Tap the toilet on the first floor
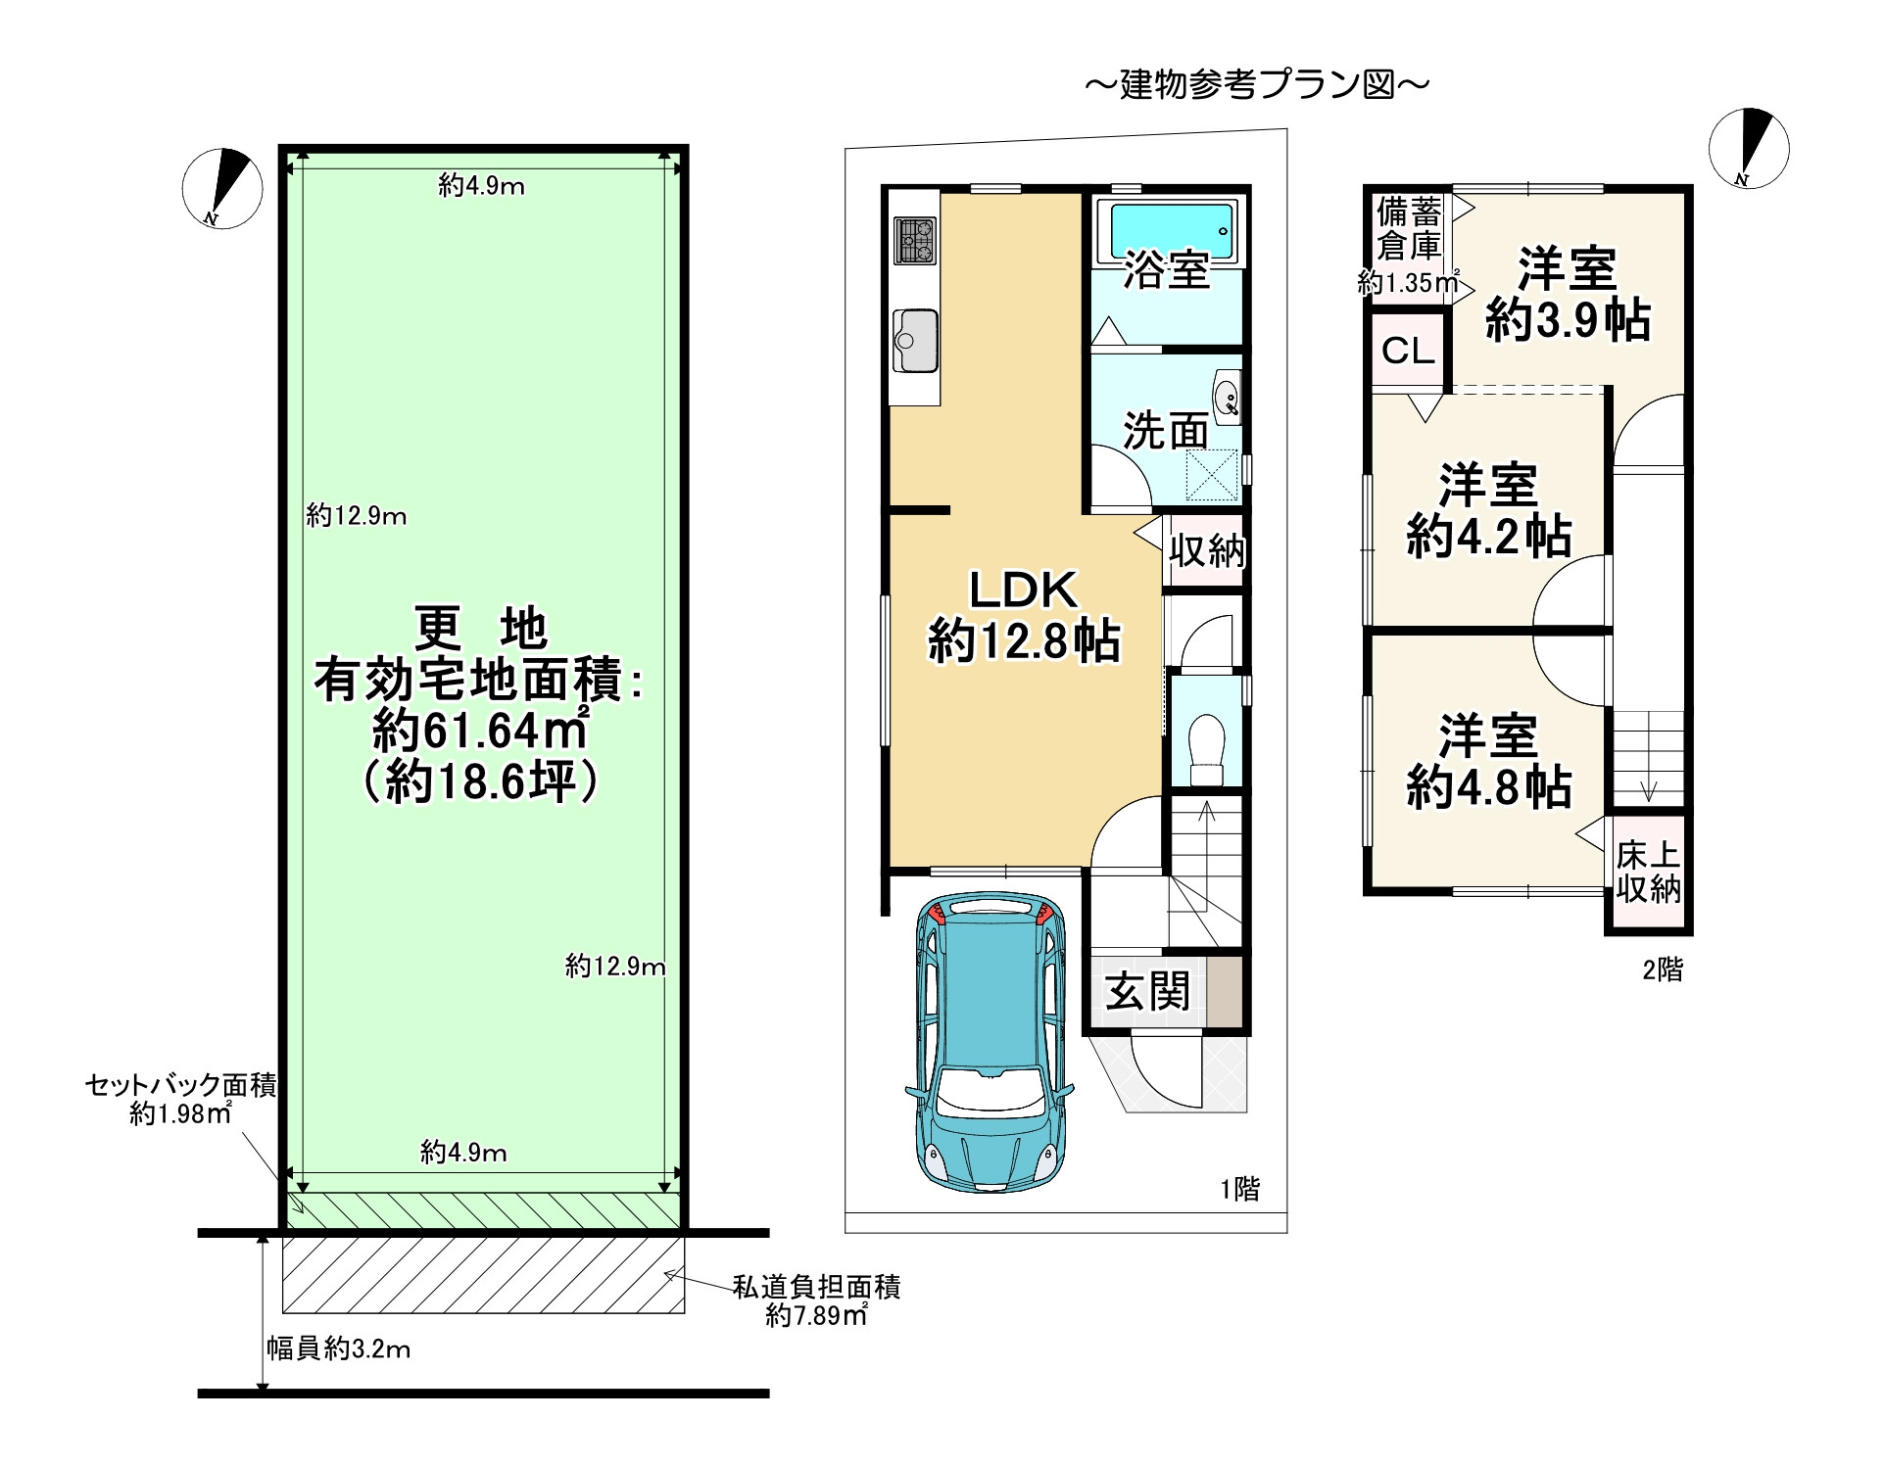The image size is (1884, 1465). click(1206, 749)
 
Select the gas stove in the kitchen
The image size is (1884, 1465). click(916, 241)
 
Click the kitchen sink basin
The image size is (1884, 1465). click(916, 340)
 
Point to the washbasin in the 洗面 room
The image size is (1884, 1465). click(1227, 396)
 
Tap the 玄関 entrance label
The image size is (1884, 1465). click(1147, 992)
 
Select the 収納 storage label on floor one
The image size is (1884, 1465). click(1207, 551)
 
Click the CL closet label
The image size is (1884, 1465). click(1408, 351)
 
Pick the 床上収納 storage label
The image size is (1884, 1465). click(1649, 872)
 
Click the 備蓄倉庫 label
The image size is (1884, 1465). click(1409, 227)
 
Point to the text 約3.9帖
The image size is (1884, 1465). click(1568, 320)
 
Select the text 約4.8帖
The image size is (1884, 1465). click(1489, 787)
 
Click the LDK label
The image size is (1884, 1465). click(1024, 590)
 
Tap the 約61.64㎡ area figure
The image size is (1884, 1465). click(480, 730)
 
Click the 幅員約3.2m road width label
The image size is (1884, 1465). click(338, 1348)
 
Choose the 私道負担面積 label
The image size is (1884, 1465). click(816, 1287)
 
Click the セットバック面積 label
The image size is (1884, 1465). click(181, 1085)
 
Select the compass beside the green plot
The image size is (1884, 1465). click(222, 188)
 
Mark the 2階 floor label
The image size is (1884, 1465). click(1663, 969)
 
